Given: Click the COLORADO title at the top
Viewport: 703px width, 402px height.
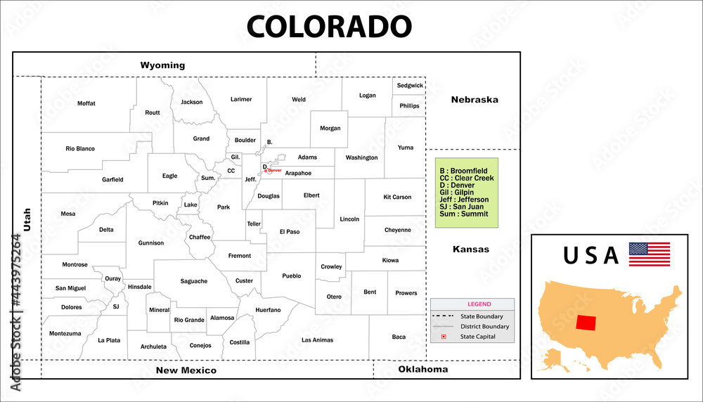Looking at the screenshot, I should click(328, 26).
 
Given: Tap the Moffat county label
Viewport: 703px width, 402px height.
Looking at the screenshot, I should click(86, 103).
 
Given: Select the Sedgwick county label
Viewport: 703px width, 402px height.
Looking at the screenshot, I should click(410, 86).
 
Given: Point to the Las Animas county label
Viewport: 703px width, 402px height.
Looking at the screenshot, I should click(317, 340).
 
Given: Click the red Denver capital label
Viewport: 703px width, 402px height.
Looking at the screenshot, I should click(274, 170).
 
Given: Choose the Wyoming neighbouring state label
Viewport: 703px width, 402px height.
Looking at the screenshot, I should click(162, 65).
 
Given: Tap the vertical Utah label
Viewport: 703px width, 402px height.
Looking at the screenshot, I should click(27, 220).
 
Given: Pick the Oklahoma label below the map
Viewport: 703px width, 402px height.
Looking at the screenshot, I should click(423, 369).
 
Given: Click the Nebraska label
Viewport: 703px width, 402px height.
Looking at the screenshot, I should click(475, 100).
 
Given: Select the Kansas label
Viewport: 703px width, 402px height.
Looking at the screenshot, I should click(471, 249).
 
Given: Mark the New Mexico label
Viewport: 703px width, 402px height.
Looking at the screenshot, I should click(186, 370).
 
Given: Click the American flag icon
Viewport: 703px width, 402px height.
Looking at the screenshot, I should click(649, 254).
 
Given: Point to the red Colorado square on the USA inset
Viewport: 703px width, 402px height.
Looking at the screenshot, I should click(586, 323).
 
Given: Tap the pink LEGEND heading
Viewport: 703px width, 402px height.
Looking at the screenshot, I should click(479, 304).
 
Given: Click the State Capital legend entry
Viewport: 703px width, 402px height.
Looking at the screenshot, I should click(477, 337).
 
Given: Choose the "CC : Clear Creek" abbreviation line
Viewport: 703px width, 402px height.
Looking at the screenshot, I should click(467, 179).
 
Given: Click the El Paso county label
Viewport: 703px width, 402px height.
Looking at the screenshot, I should click(290, 231).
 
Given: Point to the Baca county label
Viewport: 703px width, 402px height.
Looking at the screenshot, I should click(399, 337).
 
